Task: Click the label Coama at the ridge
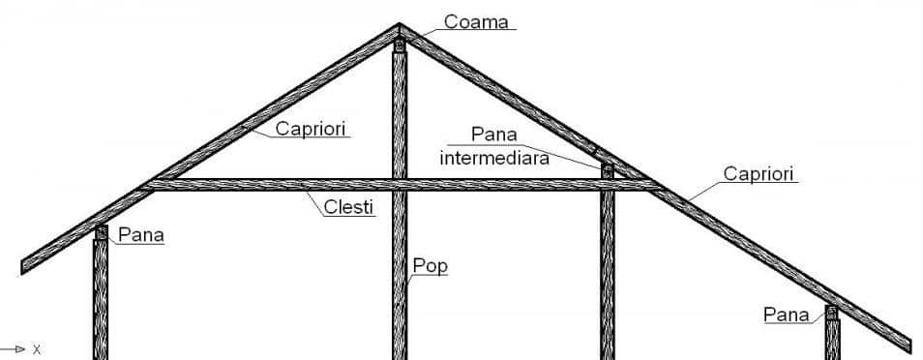coord(476,21)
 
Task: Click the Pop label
coord(431,265)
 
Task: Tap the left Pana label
coord(141,234)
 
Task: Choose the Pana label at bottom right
coord(787,314)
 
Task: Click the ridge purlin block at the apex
coord(399,44)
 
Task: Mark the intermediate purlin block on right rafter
coord(608,170)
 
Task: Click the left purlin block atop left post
coord(101,232)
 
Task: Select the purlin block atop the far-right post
coord(831,313)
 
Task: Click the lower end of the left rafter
coord(27,264)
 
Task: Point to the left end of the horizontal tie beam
coord(150,184)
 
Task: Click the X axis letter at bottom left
coord(37,348)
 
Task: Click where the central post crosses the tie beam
coord(399,184)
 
